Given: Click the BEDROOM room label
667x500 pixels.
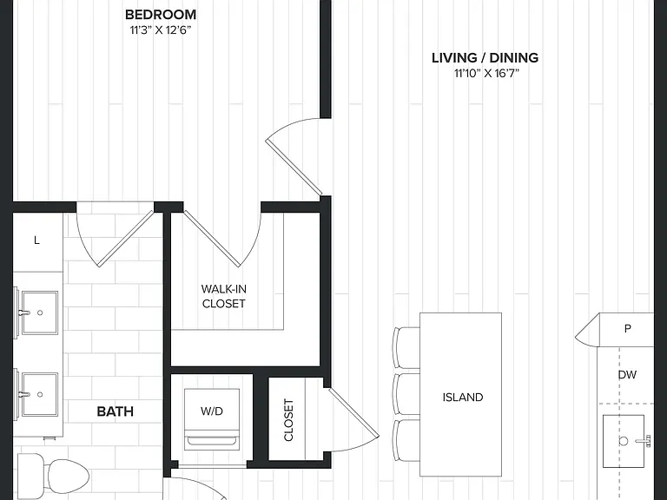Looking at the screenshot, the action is pos(161,15).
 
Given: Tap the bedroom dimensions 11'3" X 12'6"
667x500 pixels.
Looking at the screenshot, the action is pos(161,30).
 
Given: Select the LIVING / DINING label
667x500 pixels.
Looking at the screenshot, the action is pos(485,58).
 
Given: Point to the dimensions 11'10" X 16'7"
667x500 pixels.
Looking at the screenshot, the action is pos(486,74).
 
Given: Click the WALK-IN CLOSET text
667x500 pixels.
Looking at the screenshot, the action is pos(224,296).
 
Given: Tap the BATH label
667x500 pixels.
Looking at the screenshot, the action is pos(116,411).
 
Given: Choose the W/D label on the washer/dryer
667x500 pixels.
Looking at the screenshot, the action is pos(212,411).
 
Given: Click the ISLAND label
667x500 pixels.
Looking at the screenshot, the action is pos(463,397).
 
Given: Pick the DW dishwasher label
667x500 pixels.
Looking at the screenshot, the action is pos(627,375).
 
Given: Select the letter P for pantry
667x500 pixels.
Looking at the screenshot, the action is pos(627,328).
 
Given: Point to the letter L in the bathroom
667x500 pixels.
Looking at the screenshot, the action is pos(36,240).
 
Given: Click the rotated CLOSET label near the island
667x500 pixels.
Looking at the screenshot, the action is pos(289,420).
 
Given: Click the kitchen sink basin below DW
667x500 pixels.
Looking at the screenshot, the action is pos(624,441).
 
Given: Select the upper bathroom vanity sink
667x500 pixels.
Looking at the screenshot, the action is pos(40,312).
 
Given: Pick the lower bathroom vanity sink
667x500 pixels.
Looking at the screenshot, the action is pos(40,394).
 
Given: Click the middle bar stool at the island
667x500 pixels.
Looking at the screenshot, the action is pos(407,394).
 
